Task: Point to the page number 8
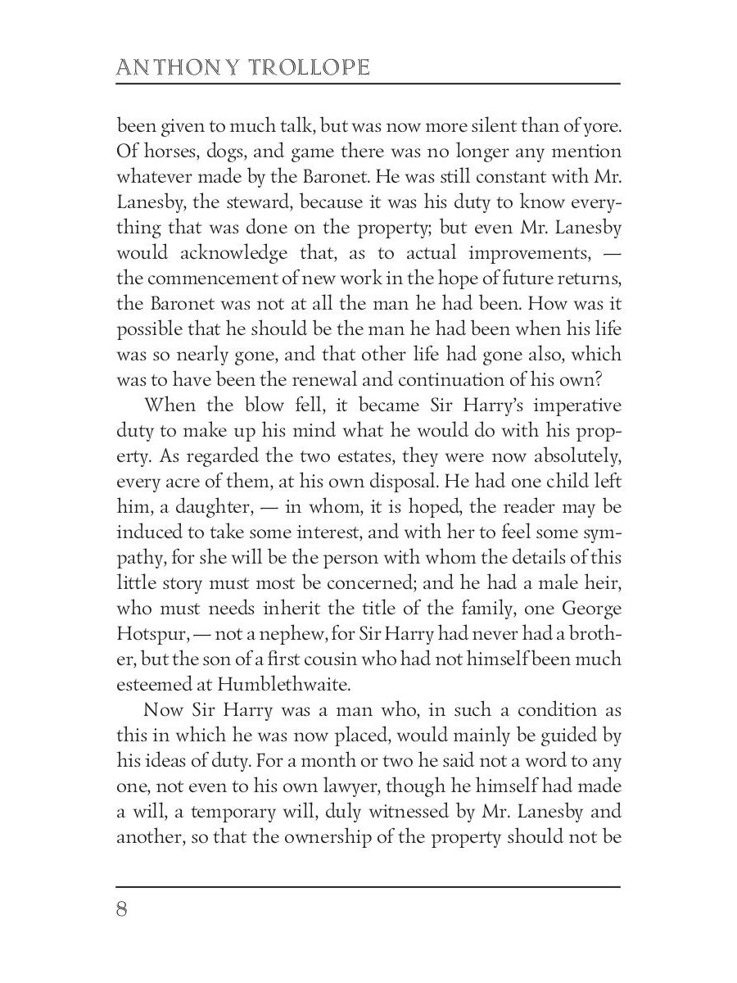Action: click(122, 909)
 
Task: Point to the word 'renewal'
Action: click(332, 378)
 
